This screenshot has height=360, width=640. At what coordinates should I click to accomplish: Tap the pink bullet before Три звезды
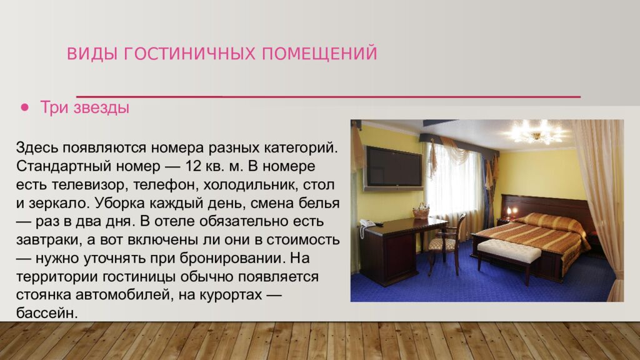click(25, 107)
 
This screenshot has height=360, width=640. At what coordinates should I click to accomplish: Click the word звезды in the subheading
click(101, 107)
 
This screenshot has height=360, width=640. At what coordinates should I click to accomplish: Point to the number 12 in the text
click(192, 167)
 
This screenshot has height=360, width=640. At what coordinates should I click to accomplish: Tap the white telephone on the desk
click(367, 223)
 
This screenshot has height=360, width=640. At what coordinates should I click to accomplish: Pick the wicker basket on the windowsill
click(421, 211)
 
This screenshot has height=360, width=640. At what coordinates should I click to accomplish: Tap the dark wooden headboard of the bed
click(550, 206)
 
